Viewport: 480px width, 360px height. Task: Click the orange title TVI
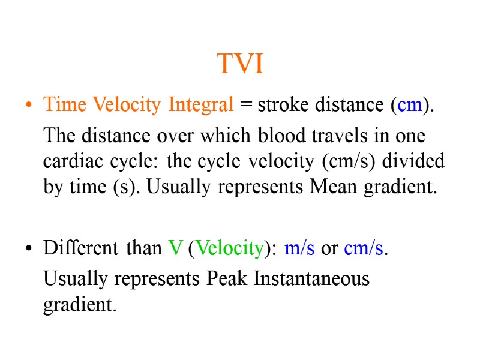coord(239,64)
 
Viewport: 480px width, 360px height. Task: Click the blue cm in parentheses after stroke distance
coord(409,105)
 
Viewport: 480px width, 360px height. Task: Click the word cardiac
coord(68,161)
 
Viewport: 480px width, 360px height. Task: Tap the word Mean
coord(332,188)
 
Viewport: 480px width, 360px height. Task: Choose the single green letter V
coord(176,248)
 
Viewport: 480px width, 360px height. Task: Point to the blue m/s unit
coord(299,248)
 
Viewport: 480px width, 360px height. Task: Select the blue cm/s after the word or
coord(364,248)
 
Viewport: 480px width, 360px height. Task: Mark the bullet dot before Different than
coord(28,249)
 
